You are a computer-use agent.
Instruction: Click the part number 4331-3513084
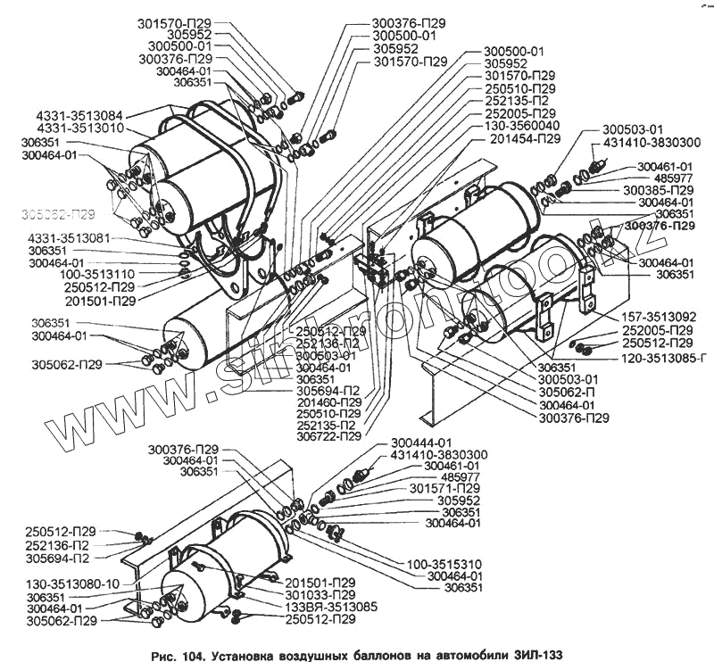80,116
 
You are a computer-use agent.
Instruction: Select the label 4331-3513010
80,129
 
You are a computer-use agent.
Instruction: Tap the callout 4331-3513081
69,239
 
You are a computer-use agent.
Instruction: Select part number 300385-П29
659,191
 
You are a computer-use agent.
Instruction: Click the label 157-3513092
654,318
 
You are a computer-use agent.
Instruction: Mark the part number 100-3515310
444,564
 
